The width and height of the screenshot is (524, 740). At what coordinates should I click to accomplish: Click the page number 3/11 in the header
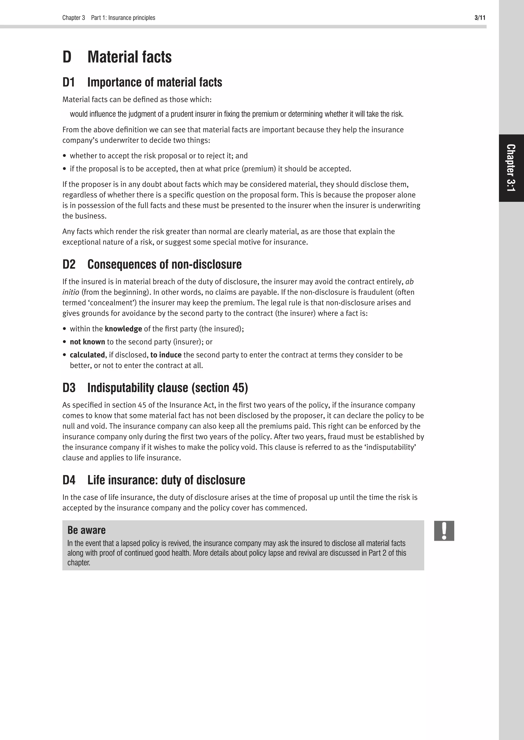[x=480, y=18]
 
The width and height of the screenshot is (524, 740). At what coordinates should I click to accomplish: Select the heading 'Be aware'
[x=86, y=530]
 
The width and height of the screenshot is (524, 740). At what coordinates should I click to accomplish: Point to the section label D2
[x=69, y=264]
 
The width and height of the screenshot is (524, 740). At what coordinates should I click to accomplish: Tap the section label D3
[x=69, y=388]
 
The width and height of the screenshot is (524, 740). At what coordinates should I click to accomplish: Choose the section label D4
[x=69, y=480]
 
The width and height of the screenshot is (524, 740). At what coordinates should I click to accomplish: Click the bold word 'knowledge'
[x=123, y=329]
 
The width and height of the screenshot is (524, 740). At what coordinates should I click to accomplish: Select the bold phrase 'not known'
[x=88, y=342]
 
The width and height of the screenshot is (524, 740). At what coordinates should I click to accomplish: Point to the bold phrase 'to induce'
[x=166, y=355]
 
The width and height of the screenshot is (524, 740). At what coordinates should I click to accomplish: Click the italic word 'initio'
[x=71, y=292]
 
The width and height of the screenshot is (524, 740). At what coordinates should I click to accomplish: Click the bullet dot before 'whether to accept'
[x=64, y=156]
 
